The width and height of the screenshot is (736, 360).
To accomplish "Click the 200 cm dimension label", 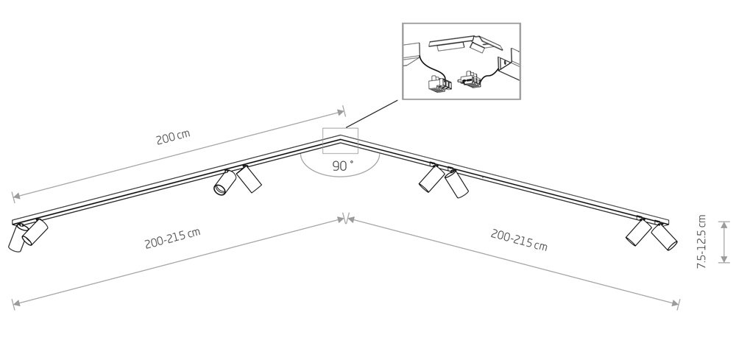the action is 173,137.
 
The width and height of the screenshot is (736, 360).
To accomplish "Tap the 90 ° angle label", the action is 343,166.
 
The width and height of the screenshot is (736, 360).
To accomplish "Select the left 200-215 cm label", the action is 172,239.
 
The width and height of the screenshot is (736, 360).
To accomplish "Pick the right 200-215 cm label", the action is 519,240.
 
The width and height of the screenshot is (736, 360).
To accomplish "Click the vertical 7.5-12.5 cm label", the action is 701,241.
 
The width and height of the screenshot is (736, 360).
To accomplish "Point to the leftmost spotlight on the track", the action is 16,238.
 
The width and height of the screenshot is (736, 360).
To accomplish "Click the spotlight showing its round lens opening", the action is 224,183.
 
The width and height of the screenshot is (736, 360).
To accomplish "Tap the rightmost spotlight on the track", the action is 664,236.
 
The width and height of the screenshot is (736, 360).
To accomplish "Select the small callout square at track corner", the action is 340,141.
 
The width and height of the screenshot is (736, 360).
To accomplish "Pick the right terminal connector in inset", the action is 471,80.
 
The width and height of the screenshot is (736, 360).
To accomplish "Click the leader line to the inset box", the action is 374,113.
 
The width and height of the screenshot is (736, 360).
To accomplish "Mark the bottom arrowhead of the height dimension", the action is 724,258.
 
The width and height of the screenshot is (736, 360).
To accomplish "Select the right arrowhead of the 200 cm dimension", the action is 342,112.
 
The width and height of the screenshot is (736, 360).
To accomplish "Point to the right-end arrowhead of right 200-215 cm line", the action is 676,303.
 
